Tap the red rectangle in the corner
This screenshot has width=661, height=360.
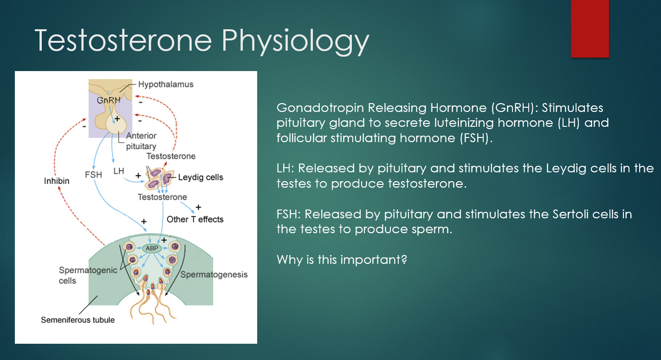pos(590,29)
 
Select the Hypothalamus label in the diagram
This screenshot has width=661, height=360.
pos(166,84)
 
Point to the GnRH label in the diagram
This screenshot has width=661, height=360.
pos(109,100)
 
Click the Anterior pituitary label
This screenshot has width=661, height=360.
pos(141,141)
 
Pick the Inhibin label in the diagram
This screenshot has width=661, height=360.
pos(57,181)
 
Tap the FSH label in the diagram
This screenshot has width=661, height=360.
pos(93,175)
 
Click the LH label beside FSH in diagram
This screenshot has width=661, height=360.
pos(119,171)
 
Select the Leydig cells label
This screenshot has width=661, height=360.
pos(201,177)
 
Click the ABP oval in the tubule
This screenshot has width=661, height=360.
pos(152,249)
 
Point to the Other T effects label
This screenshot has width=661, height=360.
pos(195,219)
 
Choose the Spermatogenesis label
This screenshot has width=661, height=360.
pos(214,275)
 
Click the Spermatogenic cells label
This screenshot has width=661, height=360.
pos(88,275)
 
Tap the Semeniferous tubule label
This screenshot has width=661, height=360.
pos(78,320)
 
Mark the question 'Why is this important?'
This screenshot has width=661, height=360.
pos(342,260)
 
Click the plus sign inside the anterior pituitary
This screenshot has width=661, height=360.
pos(117,119)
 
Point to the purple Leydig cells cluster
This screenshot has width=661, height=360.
pos(159,178)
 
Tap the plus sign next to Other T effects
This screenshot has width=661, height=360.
pos(198,207)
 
